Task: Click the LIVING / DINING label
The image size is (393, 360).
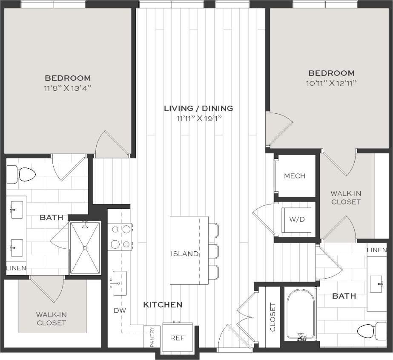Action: pyautogui.click(x=198, y=108)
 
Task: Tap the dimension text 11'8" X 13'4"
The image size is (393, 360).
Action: pyautogui.click(x=68, y=88)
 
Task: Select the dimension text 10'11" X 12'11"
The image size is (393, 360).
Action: pyautogui.click(x=332, y=83)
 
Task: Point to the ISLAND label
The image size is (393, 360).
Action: pyautogui.click(x=184, y=254)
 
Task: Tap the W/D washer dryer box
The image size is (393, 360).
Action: pyautogui.click(x=297, y=219)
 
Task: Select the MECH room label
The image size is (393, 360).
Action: pyautogui.click(x=295, y=176)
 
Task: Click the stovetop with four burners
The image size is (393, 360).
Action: pyautogui.click(x=120, y=236)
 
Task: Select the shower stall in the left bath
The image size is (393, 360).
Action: pyautogui.click(x=85, y=248)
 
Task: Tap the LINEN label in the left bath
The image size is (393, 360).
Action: pyautogui.click(x=16, y=268)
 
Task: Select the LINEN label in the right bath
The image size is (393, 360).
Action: pyautogui.click(x=377, y=250)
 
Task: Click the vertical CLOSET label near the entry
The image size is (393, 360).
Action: pyautogui.click(x=273, y=317)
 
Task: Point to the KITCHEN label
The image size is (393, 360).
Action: pyautogui.click(x=163, y=305)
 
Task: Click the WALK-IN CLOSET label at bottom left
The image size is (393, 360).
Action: pyautogui.click(x=51, y=319)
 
